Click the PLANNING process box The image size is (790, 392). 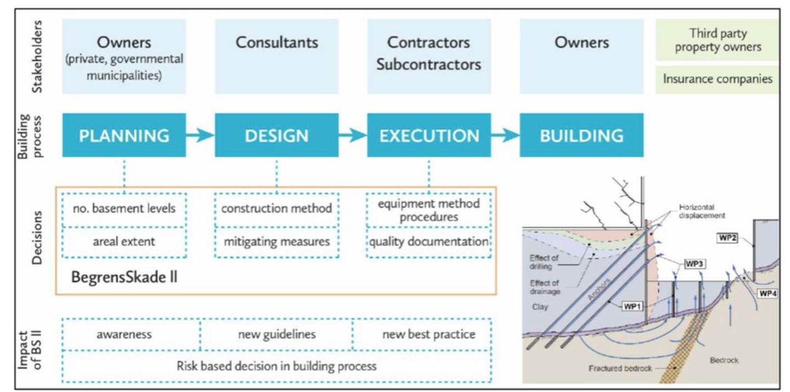tap(124, 135)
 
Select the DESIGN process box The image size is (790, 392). tap(276, 135)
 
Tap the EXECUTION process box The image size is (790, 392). tap(429, 135)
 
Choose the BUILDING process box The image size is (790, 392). tap(582, 135)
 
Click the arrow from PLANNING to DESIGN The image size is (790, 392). tap(200, 135)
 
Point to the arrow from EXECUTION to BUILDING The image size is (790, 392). tap(505, 135)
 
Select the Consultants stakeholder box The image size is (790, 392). tap(276, 55)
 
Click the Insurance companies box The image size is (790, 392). tap(717, 79)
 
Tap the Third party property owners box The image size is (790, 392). tap(717, 40)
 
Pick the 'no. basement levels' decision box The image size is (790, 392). tap(124, 209)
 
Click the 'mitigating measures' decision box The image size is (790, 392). tap(276, 241)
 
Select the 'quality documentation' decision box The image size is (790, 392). tap(428, 241)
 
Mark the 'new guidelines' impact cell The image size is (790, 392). tap(276, 334)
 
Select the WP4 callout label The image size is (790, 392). tap(767, 293)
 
